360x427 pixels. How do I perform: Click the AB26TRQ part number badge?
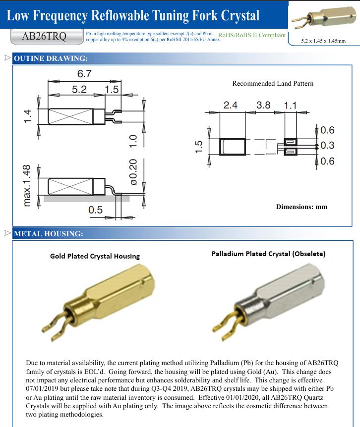pos(45,37)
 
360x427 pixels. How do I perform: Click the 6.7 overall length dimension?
pos(84,74)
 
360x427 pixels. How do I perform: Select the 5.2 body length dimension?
pos(79,89)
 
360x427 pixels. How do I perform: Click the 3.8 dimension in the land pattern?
pos(263,105)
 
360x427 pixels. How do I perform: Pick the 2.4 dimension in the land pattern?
pos(231,105)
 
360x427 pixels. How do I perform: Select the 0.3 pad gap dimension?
pos(327,146)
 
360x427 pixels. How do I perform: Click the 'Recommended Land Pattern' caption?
pos(273,83)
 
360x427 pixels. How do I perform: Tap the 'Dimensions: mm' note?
pos(301,207)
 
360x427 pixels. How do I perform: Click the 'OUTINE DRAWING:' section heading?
pos(51,59)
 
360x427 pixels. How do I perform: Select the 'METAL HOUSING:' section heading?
pos(49,233)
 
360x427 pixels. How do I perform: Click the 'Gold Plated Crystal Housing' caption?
pos(95,256)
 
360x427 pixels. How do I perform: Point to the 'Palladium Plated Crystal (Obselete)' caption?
pos(268,254)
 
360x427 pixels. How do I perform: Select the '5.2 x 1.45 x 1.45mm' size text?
pos(323,41)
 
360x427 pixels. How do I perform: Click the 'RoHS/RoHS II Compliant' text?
pos(252,35)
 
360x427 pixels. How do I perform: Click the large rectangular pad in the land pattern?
pos(233,147)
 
